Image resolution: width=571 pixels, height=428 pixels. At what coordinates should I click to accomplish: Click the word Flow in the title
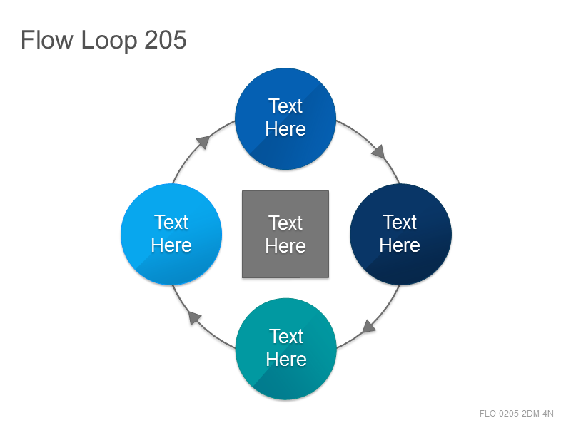(x=46, y=40)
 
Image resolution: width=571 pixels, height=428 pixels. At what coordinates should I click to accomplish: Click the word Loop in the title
(x=109, y=41)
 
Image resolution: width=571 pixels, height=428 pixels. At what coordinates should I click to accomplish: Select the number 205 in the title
(x=166, y=40)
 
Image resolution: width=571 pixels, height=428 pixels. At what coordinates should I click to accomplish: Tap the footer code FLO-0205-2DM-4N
(x=516, y=414)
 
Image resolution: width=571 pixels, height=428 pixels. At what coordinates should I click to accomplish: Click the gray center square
(x=285, y=234)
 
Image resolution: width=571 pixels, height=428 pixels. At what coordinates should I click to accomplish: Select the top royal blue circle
(x=285, y=118)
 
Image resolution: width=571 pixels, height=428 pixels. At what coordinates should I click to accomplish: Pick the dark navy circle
(x=400, y=234)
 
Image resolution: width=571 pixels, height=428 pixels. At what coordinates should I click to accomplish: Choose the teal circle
(x=286, y=349)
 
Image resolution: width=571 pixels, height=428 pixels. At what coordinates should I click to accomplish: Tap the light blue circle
(x=171, y=234)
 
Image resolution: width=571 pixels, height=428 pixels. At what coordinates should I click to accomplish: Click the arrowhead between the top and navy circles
(x=379, y=151)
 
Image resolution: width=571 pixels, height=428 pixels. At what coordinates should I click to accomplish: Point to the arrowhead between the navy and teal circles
(x=368, y=326)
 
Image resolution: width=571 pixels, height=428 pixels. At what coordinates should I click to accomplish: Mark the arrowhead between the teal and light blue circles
(x=194, y=317)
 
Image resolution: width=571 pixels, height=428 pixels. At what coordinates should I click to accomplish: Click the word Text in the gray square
(x=285, y=223)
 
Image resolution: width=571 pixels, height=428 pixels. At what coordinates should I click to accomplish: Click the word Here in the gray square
(x=285, y=245)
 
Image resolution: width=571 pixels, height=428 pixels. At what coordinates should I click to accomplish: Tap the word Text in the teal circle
(x=286, y=336)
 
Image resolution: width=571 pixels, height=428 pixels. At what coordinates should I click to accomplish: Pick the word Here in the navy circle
(x=400, y=245)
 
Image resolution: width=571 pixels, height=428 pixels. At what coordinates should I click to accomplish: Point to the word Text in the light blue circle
(x=171, y=222)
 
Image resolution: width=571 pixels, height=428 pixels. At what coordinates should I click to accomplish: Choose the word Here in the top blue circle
(x=285, y=129)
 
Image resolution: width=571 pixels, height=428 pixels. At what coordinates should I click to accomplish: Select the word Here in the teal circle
(x=286, y=360)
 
